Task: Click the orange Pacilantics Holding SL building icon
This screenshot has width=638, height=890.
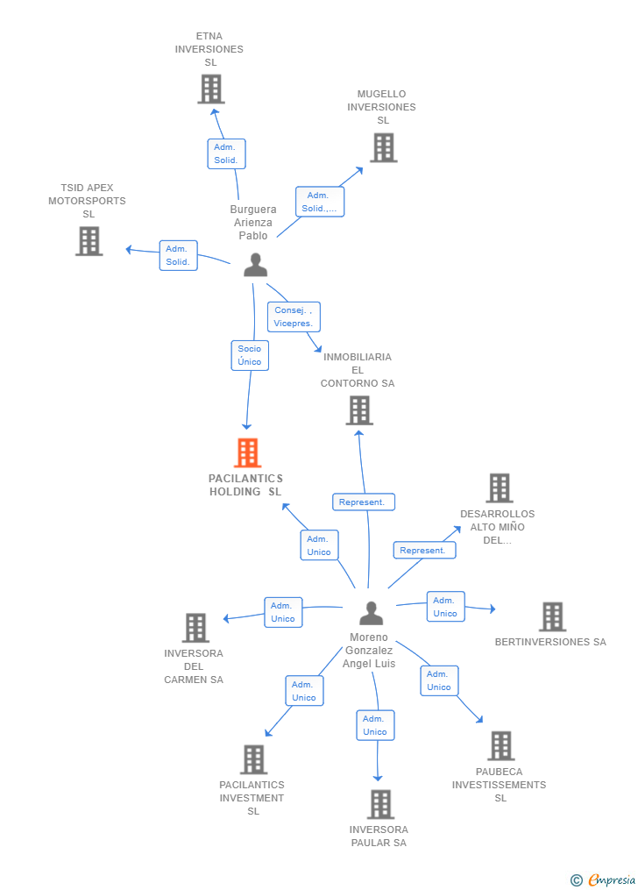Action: click(x=248, y=453)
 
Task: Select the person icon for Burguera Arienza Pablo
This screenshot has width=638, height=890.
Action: click(x=255, y=265)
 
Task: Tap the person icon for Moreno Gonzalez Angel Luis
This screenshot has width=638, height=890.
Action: click(x=372, y=613)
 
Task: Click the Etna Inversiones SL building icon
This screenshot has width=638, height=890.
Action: click(x=211, y=89)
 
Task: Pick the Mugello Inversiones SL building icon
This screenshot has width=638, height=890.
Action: click(x=383, y=147)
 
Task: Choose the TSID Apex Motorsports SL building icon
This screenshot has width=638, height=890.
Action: click(x=89, y=241)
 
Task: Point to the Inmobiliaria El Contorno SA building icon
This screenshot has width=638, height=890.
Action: click(x=358, y=410)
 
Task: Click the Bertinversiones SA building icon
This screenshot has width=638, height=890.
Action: click(x=552, y=616)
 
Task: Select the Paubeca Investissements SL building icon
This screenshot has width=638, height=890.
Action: click(x=500, y=746)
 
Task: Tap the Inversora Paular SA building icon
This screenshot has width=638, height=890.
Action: click(x=380, y=804)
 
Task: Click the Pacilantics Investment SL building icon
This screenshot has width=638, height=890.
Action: click(x=253, y=759)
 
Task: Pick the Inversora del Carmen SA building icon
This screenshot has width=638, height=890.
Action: click(x=195, y=628)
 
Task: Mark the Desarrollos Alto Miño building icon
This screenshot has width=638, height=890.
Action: click(x=499, y=488)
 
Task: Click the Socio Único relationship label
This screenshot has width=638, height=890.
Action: click(x=250, y=355)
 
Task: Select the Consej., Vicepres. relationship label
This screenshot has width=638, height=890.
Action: click(x=294, y=317)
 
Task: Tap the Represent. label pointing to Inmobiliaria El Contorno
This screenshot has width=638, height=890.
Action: click(x=363, y=502)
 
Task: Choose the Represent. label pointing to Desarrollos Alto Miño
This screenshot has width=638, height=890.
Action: click(x=424, y=551)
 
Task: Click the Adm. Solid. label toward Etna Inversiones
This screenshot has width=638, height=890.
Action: click(x=226, y=154)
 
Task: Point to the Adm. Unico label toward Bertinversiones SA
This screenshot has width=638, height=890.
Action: click(x=445, y=607)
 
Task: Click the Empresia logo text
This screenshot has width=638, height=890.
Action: click(x=611, y=879)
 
